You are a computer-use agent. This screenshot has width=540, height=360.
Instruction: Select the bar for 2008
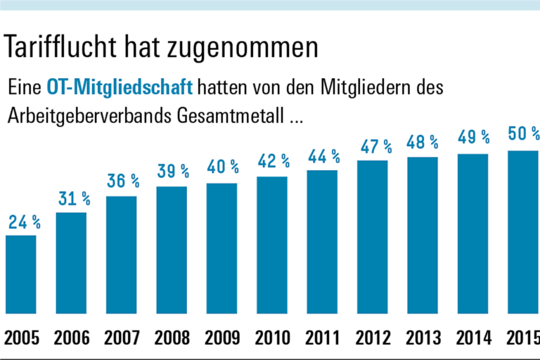(172, 250)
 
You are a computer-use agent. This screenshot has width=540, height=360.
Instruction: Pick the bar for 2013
(423, 235)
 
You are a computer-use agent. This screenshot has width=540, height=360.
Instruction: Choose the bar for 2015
(524, 232)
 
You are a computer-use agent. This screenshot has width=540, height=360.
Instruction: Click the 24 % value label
(25, 224)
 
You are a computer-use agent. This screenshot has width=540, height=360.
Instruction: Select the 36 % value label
(123, 181)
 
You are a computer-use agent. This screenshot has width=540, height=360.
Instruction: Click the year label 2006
(71, 338)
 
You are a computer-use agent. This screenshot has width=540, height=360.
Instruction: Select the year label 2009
(222, 338)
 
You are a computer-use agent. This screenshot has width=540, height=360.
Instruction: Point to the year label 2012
(373, 338)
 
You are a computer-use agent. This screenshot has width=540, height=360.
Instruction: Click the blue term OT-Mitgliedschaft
(120, 89)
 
